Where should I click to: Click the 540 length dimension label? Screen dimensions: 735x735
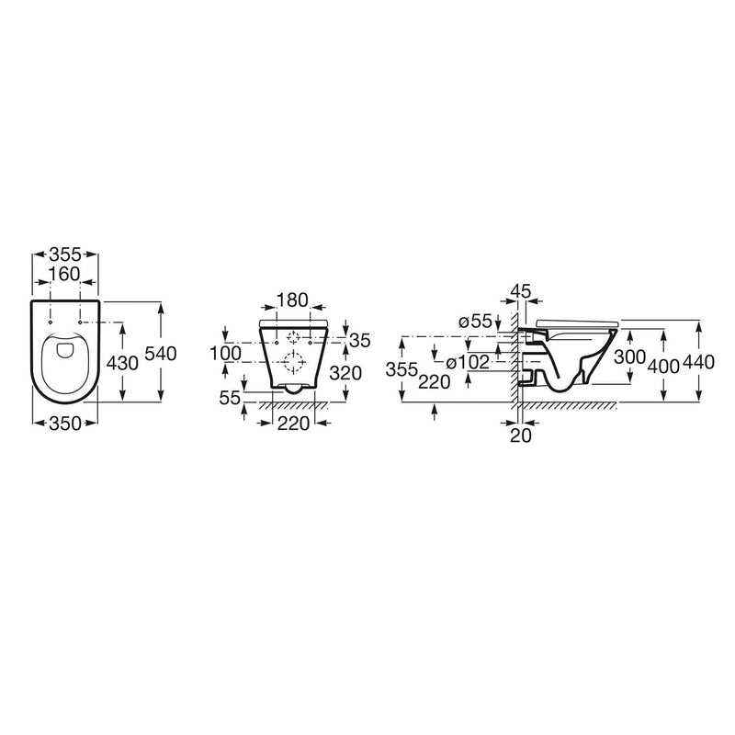(160, 354)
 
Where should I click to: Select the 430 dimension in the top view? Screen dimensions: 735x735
(122, 363)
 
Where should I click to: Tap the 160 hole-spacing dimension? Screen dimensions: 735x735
(64, 274)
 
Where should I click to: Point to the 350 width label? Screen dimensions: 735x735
(65, 424)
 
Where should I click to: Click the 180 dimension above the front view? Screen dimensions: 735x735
(292, 300)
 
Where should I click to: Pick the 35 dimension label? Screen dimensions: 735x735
(360, 341)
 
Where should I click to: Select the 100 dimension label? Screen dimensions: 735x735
(225, 354)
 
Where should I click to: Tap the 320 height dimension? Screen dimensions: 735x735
(345, 373)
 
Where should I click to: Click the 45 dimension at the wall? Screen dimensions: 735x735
(521, 291)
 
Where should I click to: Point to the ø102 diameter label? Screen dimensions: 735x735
(468, 362)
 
